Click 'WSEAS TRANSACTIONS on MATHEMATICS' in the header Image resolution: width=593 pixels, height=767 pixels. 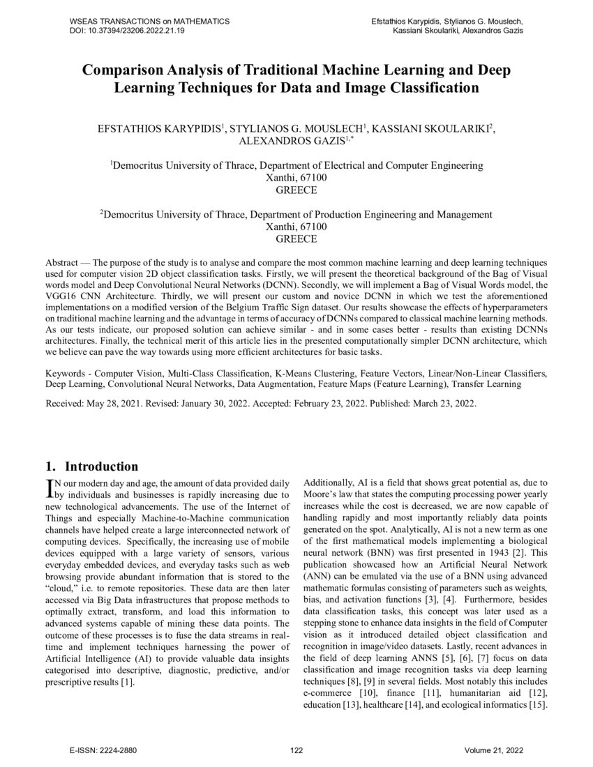tap(149, 22)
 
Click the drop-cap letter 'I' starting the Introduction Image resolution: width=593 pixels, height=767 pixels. tap(49, 487)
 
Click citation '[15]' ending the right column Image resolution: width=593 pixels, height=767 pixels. tap(538, 705)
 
